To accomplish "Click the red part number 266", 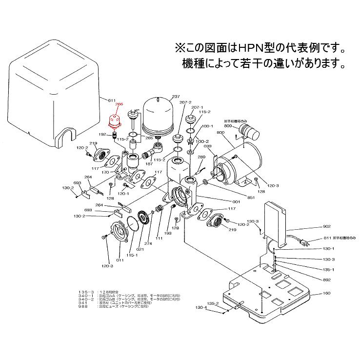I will click(119, 104).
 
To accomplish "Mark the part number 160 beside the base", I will click(325, 294).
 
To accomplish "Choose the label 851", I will click(251, 197).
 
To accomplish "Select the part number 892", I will click(326, 280).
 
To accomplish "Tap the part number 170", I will click(105, 172).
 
